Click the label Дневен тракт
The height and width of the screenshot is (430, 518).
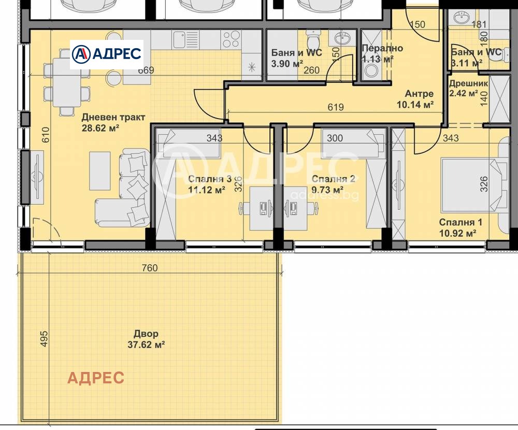[x=113, y=117]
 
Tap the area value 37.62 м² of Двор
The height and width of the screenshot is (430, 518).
[x=146, y=345]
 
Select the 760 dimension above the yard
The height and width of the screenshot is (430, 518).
[x=150, y=268]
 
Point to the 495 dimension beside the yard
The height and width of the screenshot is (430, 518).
[x=44, y=339]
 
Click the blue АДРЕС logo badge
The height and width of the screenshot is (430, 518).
[x=106, y=54]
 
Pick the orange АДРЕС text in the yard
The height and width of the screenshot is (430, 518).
[x=96, y=378]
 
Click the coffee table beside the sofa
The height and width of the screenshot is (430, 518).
[x=100, y=170]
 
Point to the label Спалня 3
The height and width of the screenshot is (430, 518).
[x=210, y=179]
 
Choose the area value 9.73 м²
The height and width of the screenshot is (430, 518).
[x=327, y=190]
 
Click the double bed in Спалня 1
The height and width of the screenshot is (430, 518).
[x=474, y=185]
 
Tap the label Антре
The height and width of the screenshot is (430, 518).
[x=419, y=94]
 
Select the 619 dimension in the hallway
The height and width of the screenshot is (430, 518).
[x=336, y=107]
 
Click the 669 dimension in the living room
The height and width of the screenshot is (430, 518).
[x=146, y=70]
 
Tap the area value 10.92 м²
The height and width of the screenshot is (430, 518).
[x=457, y=233]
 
